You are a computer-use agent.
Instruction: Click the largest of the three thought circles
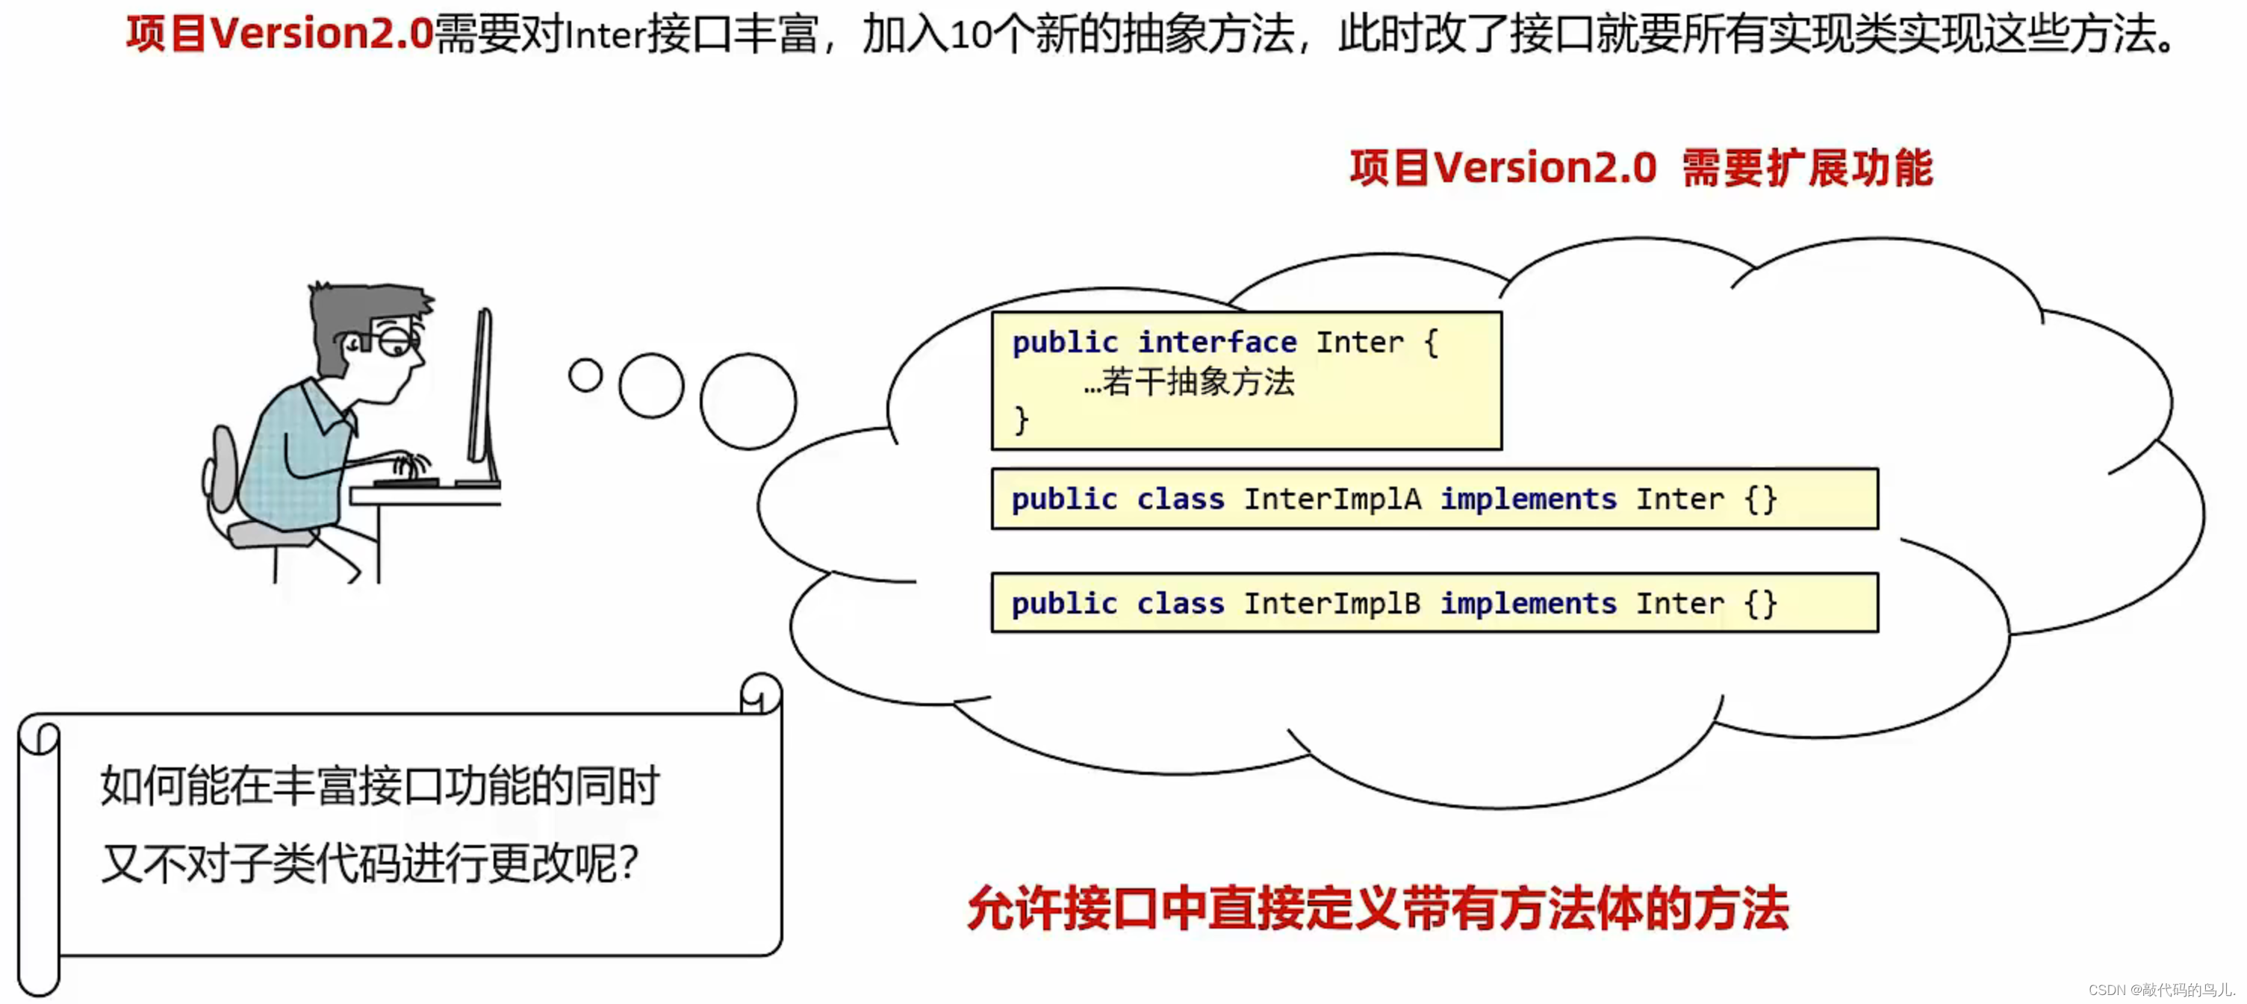pos(748,402)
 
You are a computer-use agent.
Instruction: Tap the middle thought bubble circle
pos(650,385)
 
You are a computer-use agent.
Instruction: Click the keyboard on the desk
pos(405,481)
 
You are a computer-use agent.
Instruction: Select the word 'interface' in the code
pos(1216,342)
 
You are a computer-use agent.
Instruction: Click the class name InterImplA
pos(1331,499)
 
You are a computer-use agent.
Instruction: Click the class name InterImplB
pos(1331,604)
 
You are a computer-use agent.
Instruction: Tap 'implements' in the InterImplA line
pos(1527,499)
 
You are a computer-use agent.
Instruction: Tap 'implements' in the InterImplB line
pos(1527,604)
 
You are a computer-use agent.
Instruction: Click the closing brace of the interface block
pos(1022,420)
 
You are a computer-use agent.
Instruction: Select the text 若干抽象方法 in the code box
pos(1199,382)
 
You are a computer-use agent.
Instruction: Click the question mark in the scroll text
pos(629,863)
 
